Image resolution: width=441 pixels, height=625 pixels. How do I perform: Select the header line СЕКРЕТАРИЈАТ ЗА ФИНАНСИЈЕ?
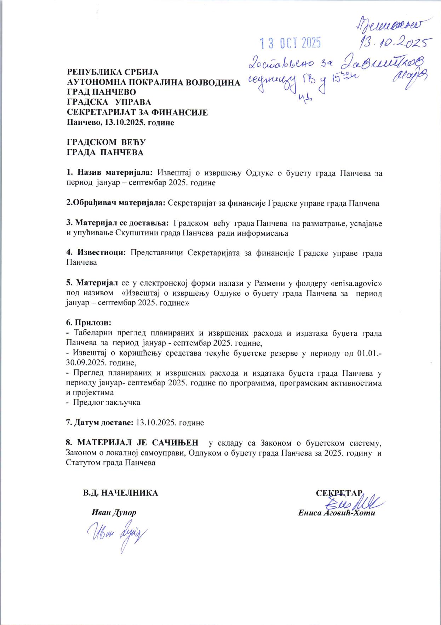[137, 113]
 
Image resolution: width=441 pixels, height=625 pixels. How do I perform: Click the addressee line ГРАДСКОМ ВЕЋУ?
[106, 143]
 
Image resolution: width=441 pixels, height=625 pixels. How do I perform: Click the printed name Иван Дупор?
[114, 513]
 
